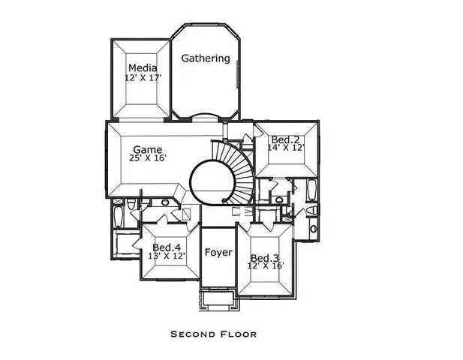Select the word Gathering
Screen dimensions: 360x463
click(206, 58)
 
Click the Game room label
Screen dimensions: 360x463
click(148, 148)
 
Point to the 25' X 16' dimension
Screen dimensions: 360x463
click(148, 159)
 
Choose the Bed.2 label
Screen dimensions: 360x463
click(286, 139)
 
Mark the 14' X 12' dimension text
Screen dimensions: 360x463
click(286, 149)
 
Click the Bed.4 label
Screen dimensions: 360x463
click(167, 247)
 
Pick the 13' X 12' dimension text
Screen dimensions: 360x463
click(167, 256)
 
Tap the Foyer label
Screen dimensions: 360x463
click(218, 253)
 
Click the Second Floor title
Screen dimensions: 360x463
click(213, 334)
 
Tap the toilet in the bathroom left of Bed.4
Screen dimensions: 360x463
click(131, 205)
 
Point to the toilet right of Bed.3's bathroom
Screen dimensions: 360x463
click(313, 227)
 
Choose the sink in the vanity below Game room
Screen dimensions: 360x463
click(164, 202)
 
